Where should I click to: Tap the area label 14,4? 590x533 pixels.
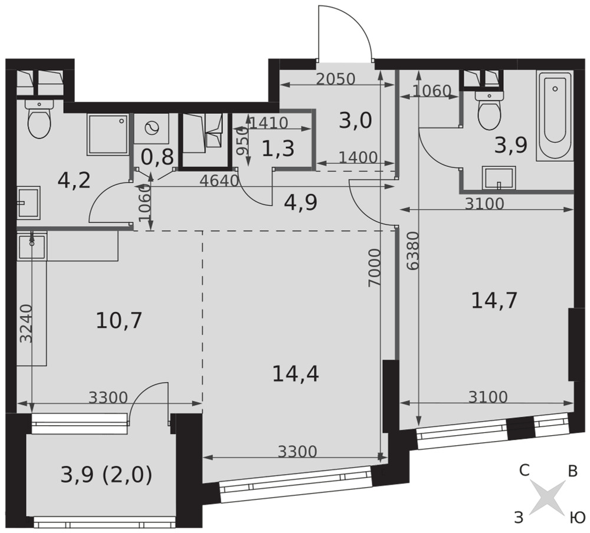296,374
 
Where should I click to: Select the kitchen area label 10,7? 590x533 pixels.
119,321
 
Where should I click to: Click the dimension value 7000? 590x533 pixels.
375,268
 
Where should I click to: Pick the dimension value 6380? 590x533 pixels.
413,251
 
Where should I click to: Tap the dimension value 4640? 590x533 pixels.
219,181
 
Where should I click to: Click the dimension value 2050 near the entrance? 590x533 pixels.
335,79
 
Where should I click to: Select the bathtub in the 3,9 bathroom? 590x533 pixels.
555,116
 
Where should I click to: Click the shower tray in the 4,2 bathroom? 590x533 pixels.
107,134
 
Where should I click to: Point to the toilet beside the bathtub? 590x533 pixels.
489,109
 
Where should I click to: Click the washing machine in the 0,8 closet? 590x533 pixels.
152,129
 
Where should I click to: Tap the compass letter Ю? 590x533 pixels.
578,518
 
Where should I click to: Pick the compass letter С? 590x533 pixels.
524,470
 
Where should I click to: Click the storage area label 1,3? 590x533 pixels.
278,149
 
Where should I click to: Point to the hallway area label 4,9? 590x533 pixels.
301,203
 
